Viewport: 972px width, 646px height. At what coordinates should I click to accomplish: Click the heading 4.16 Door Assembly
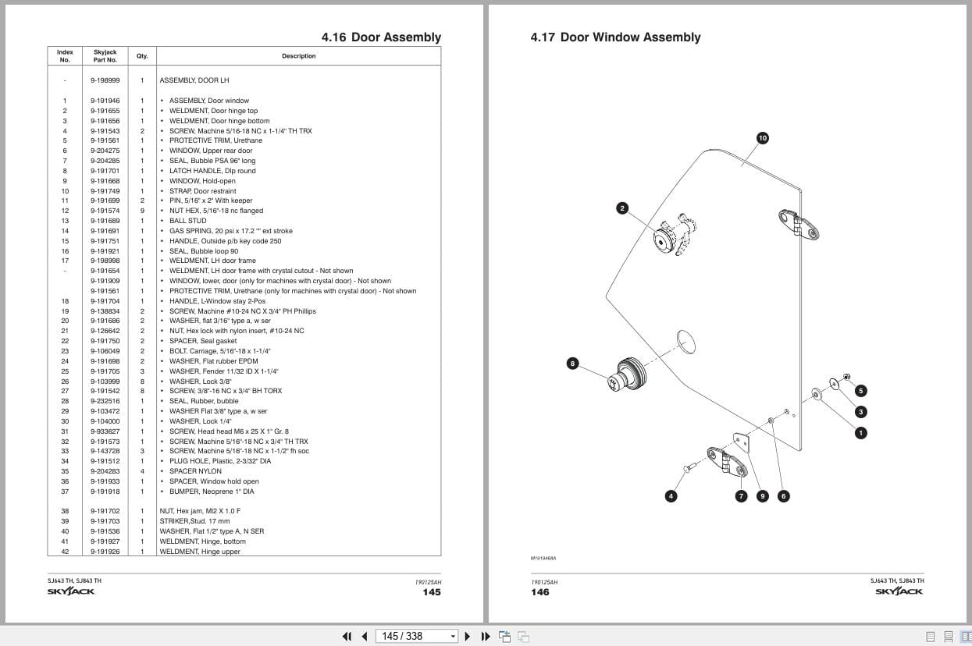click(x=381, y=37)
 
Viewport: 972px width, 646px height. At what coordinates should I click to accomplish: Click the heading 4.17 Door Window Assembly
click(x=615, y=37)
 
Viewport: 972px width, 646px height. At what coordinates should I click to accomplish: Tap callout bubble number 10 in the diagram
click(x=763, y=138)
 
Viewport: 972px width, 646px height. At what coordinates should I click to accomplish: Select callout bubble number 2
click(x=622, y=208)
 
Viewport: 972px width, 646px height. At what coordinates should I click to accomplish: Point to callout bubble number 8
click(x=572, y=364)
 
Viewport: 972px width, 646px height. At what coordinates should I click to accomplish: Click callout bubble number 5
click(x=860, y=391)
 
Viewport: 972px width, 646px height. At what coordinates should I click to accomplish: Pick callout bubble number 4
click(x=671, y=496)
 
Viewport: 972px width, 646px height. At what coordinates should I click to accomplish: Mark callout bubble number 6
click(x=784, y=496)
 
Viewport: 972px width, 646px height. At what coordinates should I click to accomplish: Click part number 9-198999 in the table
click(x=105, y=80)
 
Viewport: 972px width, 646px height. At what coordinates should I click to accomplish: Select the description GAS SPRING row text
click(x=231, y=231)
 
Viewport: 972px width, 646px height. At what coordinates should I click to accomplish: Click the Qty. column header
click(x=142, y=56)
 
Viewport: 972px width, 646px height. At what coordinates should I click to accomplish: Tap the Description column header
click(x=298, y=56)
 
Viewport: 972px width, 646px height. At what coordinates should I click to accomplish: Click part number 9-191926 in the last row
click(x=105, y=552)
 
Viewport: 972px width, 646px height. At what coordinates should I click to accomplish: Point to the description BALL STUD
click(x=188, y=221)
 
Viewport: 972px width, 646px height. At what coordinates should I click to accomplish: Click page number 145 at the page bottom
click(x=431, y=592)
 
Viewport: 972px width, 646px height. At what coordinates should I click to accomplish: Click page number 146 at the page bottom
click(x=539, y=592)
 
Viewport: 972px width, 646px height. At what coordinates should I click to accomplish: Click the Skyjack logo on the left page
click(x=71, y=591)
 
